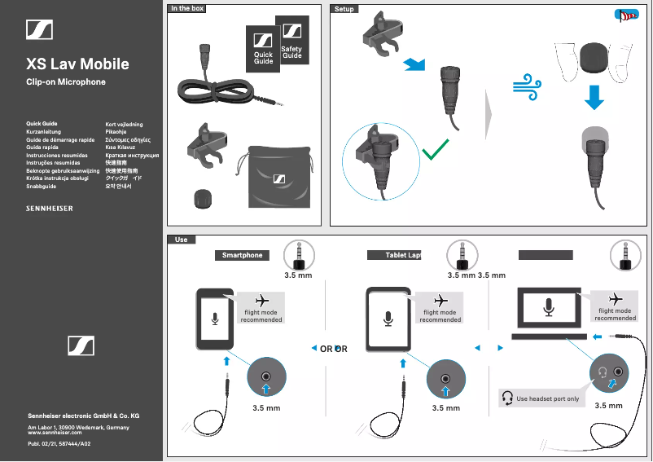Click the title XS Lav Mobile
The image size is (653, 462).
pyautogui.click(x=77, y=64)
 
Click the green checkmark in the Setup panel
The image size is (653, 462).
pyautogui.click(x=436, y=149)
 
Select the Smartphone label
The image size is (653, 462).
pyautogui.click(x=243, y=255)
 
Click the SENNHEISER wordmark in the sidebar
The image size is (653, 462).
pyautogui.click(x=50, y=209)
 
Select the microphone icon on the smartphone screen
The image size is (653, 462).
pyautogui.click(x=215, y=316)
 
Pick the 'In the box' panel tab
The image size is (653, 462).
pyautogui.click(x=187, y=8)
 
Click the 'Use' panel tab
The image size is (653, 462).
pyautogui.click(x=181, y=240)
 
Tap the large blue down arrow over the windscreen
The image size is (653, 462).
pyautogui.click(x=595, y=97)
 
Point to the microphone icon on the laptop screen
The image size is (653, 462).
pyautogui.click(x=549, y=307)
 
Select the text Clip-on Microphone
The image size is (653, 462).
pyautogui.click(x=66, y=82)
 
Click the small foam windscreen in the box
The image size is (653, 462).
pyautogui.click(x=200, y=197)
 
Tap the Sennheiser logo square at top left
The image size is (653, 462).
pyautogui.click(x=39, y=29)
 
